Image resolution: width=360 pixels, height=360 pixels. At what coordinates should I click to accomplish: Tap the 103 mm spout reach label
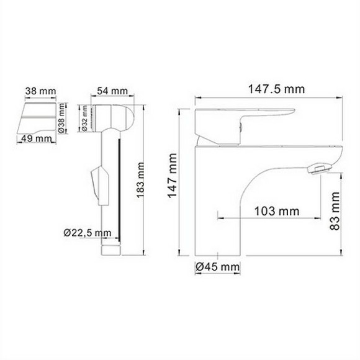click(x=276, y=212)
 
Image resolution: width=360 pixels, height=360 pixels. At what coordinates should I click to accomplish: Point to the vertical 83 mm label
click(x=335, y=213)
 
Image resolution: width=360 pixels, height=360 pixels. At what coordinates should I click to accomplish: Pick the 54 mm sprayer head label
click(x=112, y=91)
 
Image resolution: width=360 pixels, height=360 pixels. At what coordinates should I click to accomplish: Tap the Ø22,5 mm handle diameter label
click(x=88, y=233)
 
